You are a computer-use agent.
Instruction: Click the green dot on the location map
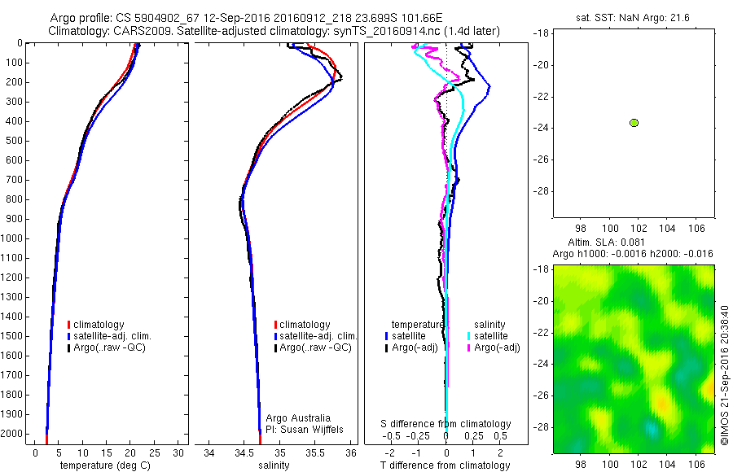click(x=634, y=122)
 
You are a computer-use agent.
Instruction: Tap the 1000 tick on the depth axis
click(x=16, y=238)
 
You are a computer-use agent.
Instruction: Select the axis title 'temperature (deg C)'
click(x=103, y=465)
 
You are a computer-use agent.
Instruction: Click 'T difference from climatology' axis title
click(x=446, y=465)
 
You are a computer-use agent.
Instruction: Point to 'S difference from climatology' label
click(x=446, y=424)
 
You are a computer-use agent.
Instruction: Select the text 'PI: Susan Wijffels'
click(x=305, y=429)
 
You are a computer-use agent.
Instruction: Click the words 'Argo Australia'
click(x=299, y=418)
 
